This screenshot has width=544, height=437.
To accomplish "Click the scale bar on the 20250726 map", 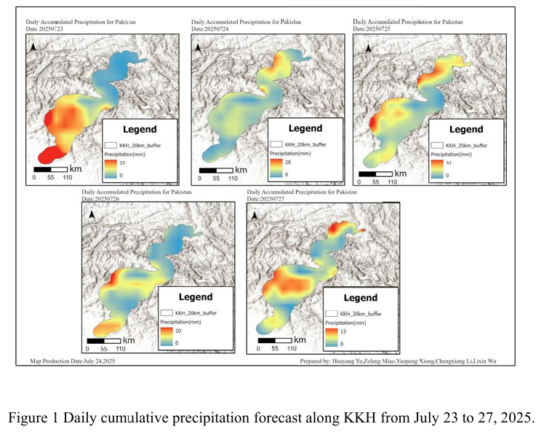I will tap(103, 340).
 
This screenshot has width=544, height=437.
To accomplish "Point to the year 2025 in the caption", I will tap(519, 417).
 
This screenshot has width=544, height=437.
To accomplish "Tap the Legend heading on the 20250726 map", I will tap(196, 297).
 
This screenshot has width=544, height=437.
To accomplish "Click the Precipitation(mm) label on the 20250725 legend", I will tap(452, 154).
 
